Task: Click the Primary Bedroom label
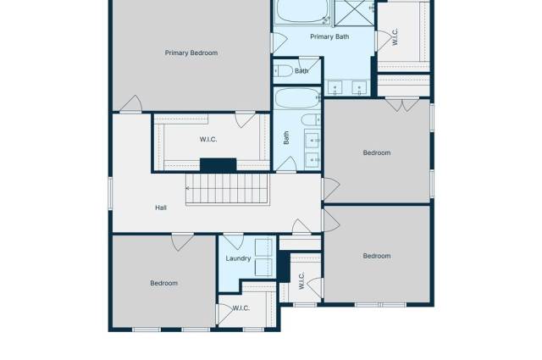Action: (x=191, y=53)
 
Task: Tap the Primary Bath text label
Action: (x=329, y=36)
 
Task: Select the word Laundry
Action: (x=238, y=258)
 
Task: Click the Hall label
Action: (x=161, y=208)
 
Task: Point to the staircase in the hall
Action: (x=227, y=189)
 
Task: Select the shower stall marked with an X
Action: (x=348, y=11)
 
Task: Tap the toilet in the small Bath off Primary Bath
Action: (x=285, y=71)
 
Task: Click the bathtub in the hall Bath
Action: (x=295, y=99)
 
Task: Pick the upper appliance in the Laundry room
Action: (x=264, y=247)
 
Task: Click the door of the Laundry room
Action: (x=233, y=241)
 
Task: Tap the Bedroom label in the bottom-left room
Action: (x=163, y=283)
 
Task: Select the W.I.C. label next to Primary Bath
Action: (x=394, y=36)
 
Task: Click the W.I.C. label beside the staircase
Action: (x=209, y=139)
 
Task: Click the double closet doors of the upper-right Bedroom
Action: (x=402, y=104)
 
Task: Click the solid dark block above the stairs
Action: (x=218, y=165)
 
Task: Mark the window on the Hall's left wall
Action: (x=110, y=191)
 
